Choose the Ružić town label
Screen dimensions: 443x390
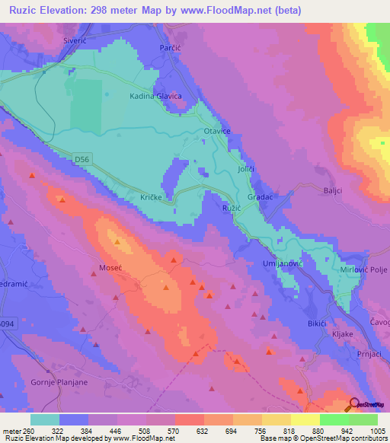231,207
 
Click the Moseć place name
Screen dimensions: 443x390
111,267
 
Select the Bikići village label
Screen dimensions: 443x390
296,323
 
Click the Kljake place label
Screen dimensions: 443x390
344,333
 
